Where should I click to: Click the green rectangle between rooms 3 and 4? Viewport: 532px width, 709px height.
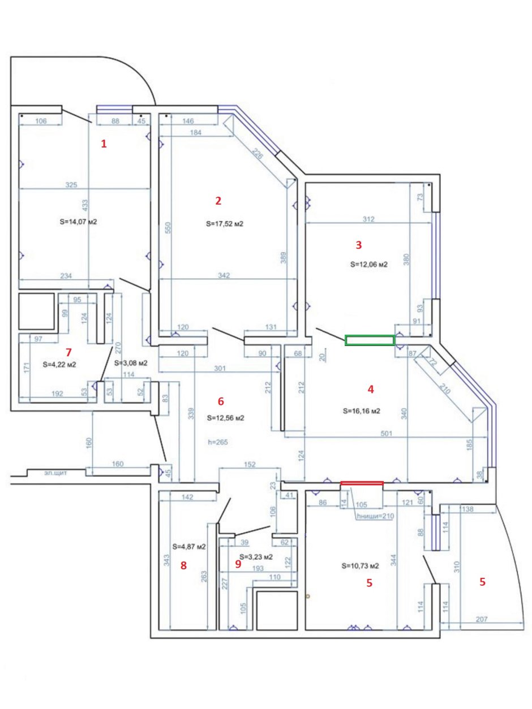coord(370,340)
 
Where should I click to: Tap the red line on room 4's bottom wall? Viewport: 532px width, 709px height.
coord(362,483)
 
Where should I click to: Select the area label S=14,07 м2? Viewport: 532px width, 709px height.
coord(78,222)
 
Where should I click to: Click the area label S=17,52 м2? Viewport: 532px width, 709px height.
coord(225,224)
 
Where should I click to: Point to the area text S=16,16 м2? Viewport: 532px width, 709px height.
coord(362,411)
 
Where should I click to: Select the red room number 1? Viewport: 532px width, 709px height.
coord(104,144)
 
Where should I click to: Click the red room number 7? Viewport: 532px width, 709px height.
coord(68,352)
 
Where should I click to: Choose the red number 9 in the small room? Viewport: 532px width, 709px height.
coord(238,564)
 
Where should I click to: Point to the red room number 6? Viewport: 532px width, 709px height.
coord(221,401)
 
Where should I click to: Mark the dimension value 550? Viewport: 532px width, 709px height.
coord(168,227)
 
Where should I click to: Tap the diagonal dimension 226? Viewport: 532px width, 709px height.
coord(258,154)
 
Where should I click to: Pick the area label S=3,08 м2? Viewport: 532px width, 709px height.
coord(131,362)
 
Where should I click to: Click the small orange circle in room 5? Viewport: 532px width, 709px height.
coord(308,596)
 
